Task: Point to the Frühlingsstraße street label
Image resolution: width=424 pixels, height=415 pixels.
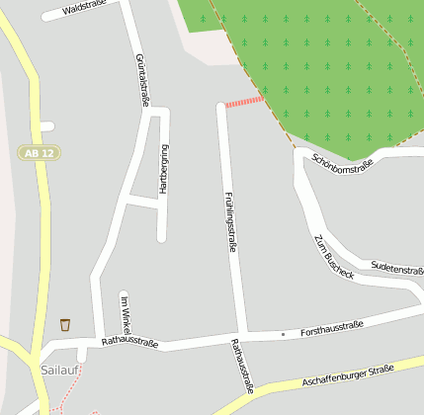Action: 230,221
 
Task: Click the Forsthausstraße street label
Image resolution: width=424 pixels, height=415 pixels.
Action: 332,327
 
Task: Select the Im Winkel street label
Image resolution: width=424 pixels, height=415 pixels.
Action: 125,313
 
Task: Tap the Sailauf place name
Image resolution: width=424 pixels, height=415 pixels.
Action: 60,370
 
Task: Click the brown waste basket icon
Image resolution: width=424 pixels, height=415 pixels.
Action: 65,324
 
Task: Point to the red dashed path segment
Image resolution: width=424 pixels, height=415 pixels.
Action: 243,101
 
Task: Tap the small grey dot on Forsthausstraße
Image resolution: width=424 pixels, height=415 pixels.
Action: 283,334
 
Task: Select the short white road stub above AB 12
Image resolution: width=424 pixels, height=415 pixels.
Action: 45,125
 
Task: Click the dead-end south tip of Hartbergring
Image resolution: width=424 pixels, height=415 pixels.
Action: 162,237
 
